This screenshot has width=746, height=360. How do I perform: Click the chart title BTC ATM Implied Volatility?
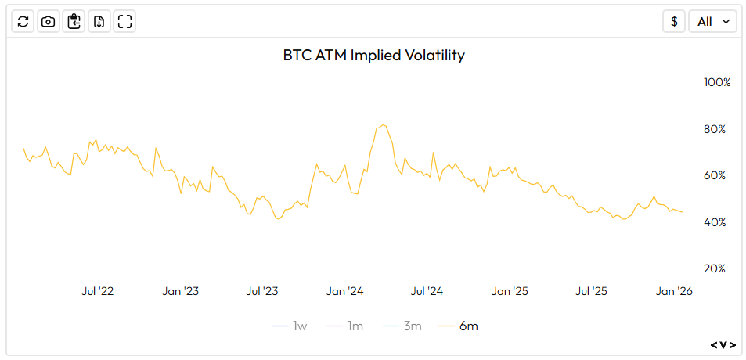tap(373, 56)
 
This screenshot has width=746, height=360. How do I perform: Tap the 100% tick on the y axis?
tap(717, 82)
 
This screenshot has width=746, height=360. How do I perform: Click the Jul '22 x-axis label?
tap(98, 291)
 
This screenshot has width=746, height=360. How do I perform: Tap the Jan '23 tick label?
tap(180, 291)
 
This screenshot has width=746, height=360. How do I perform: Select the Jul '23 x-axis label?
tap(262, 291)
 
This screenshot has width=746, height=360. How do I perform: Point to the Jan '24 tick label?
tap(345, 291)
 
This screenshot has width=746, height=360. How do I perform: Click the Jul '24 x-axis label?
tap(427, 291)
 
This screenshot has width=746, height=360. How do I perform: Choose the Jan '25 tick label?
tap(510, 291)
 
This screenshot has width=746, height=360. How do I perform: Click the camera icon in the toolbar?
tap(49, 22)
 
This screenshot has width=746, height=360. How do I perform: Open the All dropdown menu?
tap(712, 22)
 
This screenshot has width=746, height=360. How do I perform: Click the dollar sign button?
tap(674, 22)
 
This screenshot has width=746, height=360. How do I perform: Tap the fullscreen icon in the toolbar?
tap(124, 22)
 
